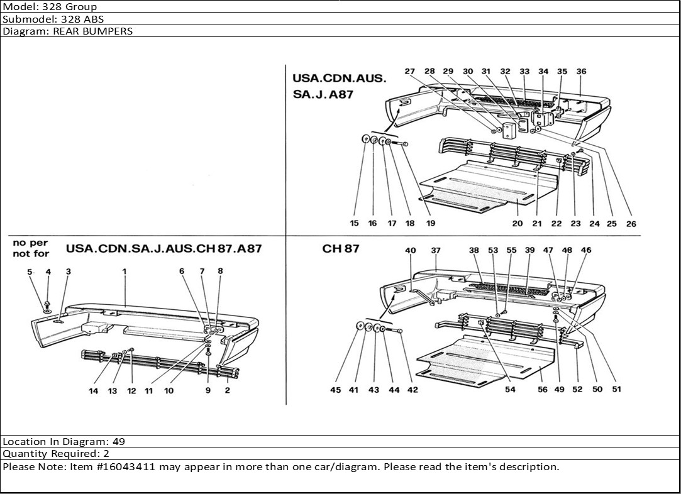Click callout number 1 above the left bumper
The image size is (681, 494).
point(125,271)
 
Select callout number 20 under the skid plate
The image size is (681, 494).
point(518,223)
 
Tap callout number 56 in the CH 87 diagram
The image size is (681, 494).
point(543,389)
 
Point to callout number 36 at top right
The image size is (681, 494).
point(581,72)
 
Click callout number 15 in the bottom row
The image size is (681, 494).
point(355,223)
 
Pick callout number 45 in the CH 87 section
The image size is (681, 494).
point(336,390)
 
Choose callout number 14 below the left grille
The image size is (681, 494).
point(93,390)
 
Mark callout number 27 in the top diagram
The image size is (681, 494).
point(410,72)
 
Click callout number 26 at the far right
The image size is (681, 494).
point(631,223)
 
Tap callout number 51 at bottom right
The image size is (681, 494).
point(616,389)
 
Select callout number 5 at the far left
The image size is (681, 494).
point(29,271)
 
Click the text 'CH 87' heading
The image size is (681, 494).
point(341,248)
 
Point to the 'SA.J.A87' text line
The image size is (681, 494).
point(323,95)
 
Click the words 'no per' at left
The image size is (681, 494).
point(30,242)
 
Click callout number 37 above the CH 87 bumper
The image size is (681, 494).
point(436,251)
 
